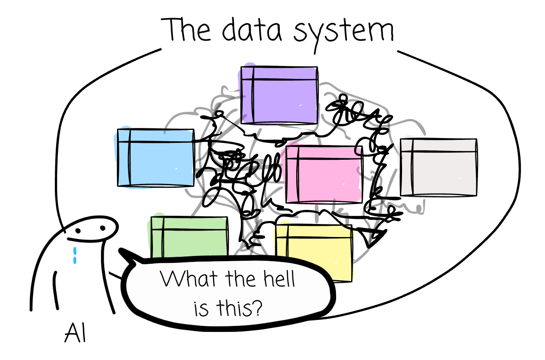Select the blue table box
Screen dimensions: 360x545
155,158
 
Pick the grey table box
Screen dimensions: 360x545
439,167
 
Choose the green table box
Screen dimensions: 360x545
189,237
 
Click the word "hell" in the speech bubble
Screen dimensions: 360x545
279,279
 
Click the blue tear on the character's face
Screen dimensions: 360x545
75,254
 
